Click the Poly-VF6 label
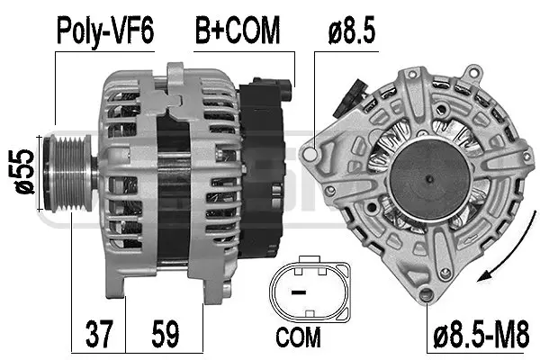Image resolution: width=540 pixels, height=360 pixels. tap(106, 31)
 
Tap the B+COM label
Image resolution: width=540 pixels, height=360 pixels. tap(236, 31)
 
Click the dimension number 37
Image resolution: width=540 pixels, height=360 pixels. tap(99, 334)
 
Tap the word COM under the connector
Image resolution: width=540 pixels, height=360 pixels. tap(298, 337)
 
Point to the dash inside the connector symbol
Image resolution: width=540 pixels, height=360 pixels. tap(298, 292)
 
